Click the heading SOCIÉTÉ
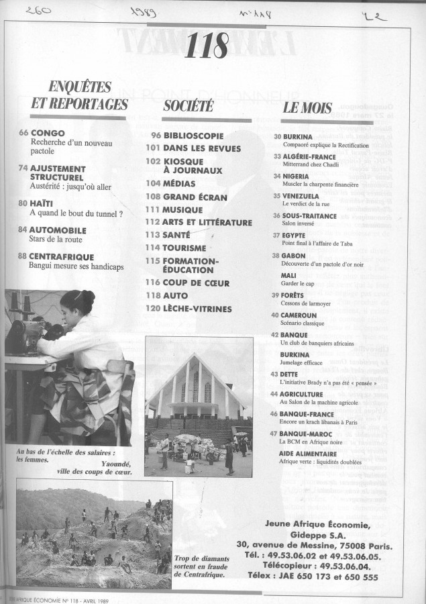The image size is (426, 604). pos(189,105)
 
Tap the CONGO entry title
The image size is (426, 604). pos(48,134)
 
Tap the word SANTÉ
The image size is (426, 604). pos(176,235)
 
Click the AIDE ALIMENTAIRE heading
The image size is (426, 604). pos(309,435)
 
